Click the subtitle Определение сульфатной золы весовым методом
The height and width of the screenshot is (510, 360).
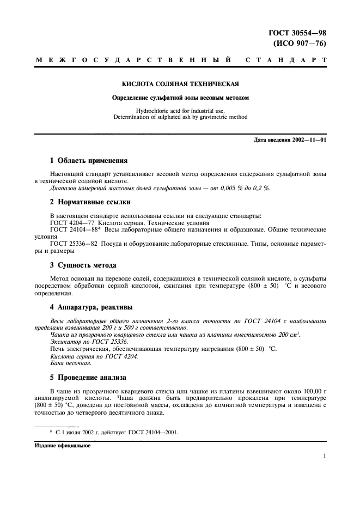click(180, 98)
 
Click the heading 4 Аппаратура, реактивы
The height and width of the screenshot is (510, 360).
click(91, 307)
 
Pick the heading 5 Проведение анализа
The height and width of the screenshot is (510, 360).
click(88, 377)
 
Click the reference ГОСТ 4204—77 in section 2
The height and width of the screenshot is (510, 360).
click(68, 223)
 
